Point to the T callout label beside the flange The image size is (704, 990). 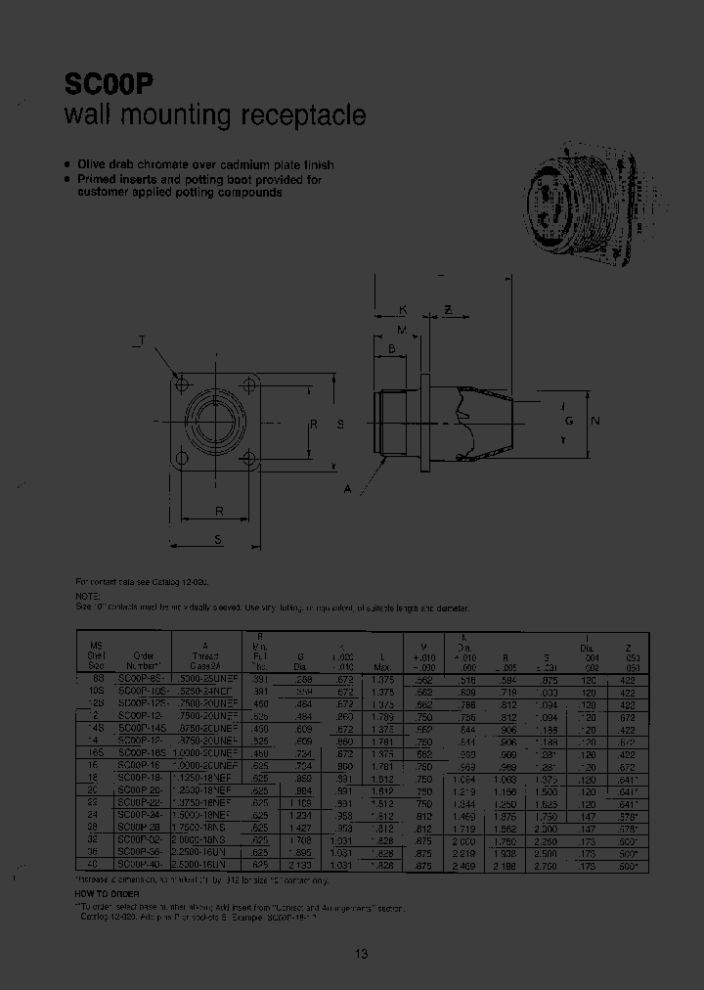tap(138, 340)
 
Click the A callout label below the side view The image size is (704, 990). tap(349, 487)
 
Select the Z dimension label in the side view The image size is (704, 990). tap(448, 310)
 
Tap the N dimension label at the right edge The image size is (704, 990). tap(595, 421)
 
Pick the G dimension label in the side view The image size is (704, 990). tap(568, 421)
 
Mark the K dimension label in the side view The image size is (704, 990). tap(402, 310)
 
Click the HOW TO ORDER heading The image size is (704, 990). tap(107, 894)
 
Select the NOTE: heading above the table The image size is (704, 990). tap(87, 595)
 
